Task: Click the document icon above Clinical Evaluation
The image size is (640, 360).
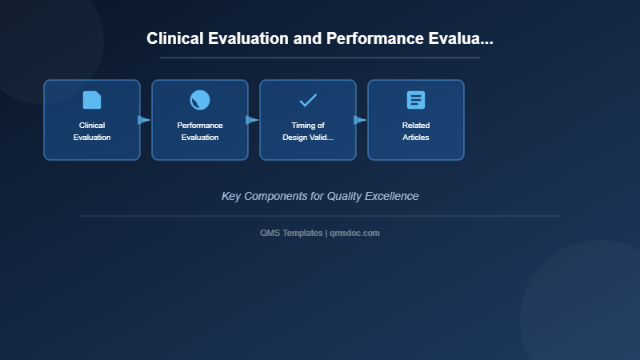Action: [x=92, y=100]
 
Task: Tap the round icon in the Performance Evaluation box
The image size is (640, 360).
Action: [x=200, y=100]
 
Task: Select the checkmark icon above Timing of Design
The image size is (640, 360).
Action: [x=308, y=100]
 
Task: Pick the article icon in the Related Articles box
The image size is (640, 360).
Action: [x=416, y=100]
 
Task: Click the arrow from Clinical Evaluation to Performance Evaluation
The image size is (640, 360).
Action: [x=144, y=120]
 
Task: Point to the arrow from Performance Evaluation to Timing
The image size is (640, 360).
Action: [x=252, y=120]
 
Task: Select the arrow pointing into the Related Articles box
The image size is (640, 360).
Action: [x=360, y=120]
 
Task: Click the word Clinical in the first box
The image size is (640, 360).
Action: [x=92, y=126]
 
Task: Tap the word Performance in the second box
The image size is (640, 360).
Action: [x=200, y=126]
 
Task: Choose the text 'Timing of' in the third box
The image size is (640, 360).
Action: [x=308, y=126]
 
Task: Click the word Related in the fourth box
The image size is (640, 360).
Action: [x=416, y=126]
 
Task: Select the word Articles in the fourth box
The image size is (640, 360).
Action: [x=416, y=138]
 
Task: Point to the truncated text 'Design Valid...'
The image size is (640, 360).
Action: [x=308, y=138]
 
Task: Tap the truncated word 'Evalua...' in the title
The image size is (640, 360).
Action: [x=463, y=39]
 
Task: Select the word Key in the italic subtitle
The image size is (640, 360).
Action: [x=231, y=196]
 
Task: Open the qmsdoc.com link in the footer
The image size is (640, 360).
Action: [x=354, y=233]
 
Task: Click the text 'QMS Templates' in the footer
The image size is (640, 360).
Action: [x=292, y=233]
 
